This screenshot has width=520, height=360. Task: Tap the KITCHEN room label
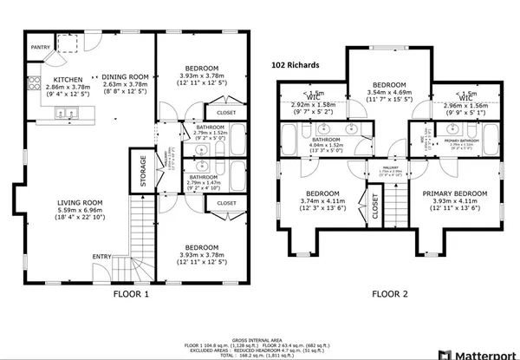pos(42,79)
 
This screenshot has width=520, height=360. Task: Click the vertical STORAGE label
pos(138,171)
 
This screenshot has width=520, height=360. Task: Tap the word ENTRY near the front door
pos(102,256)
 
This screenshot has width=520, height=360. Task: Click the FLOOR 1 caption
pos(132,294)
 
